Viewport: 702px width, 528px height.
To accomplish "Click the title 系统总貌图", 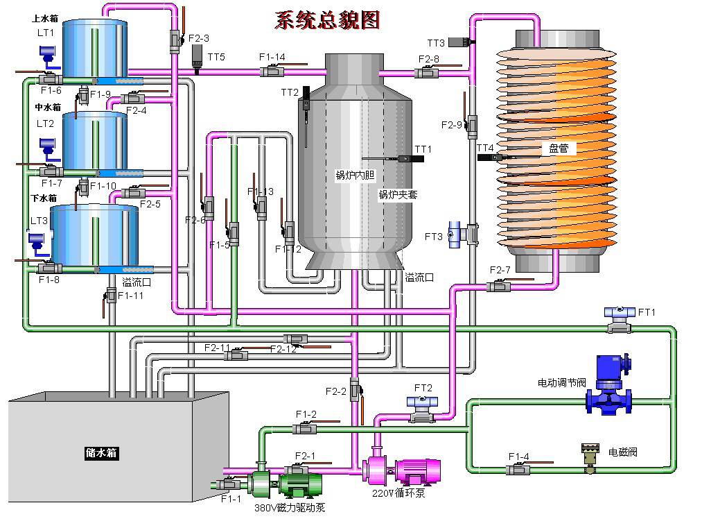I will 327,20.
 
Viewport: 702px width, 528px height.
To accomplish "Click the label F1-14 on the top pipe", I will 272,57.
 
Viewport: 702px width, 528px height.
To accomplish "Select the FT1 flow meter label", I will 647,312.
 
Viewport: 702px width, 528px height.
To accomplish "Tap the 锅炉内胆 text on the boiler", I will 355,176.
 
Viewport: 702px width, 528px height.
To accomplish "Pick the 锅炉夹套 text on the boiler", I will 398,195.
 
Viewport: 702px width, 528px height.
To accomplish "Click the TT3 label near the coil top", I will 436,43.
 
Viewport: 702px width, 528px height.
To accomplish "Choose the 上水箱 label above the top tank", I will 44,19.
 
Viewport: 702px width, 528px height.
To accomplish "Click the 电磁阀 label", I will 622,452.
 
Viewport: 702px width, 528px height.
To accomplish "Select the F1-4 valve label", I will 519,456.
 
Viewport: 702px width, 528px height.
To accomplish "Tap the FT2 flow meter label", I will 423,388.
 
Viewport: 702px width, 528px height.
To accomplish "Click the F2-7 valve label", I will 500,269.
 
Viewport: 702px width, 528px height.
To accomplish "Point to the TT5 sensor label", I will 216,57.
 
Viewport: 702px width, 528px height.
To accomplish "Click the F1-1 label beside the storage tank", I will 231,498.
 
